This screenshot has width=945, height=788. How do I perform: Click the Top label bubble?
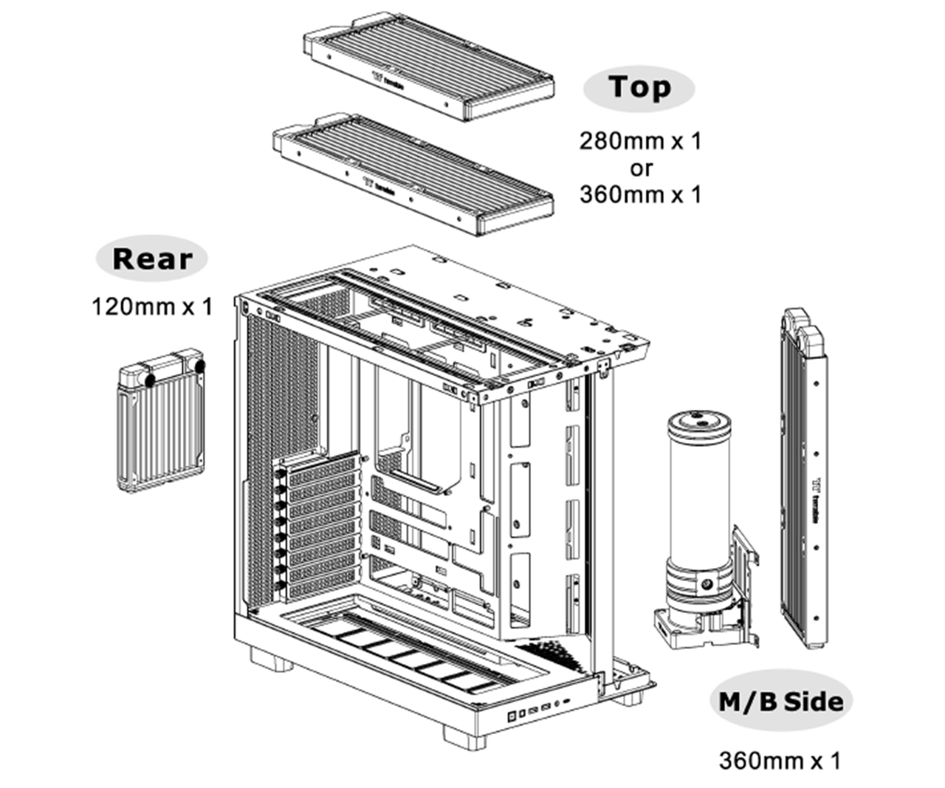point(639,88)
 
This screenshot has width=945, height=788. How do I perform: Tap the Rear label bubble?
point(151,259)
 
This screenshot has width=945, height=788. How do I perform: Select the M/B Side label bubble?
point(781,701)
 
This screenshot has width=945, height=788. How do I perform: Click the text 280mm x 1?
point(639,141)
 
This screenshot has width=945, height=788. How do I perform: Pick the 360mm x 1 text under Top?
point(639,195)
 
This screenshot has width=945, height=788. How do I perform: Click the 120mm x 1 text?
point(151,306)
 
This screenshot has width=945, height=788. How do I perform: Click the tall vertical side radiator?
point(802,480)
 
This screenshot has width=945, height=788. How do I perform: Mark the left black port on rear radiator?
point(151,380)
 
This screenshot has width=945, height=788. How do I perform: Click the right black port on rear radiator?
point(201,365)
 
